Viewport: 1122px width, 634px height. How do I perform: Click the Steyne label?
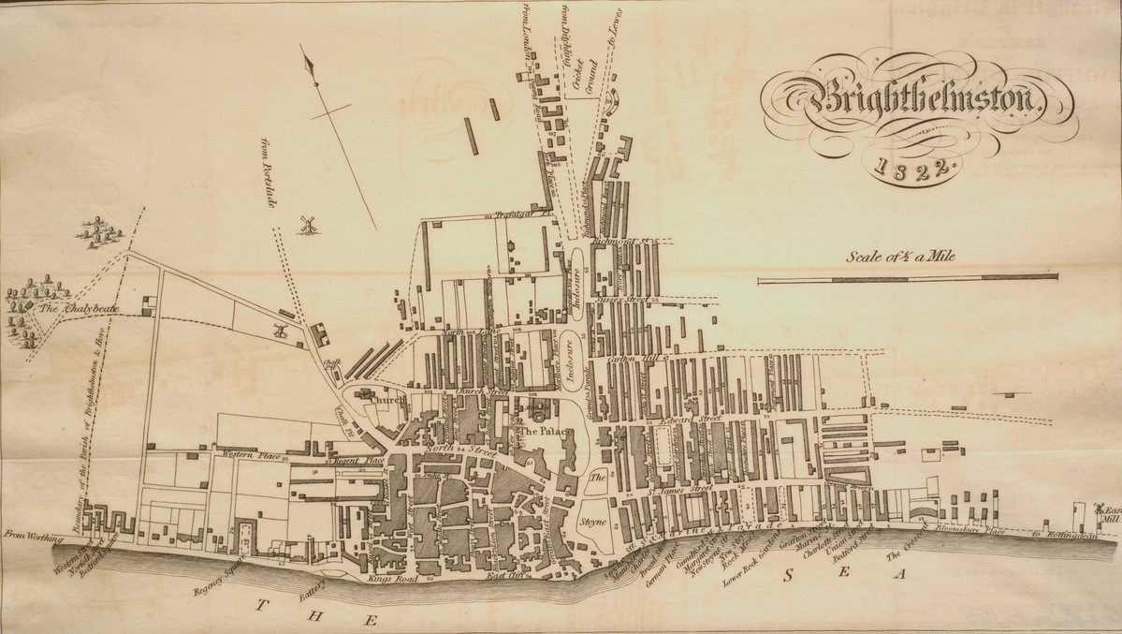tap(596, 521)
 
